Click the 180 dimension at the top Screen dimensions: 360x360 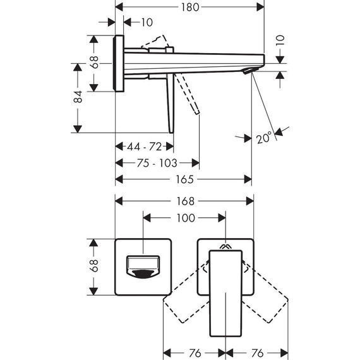[x=189, y=7]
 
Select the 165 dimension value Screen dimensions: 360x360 [x=183, y=179]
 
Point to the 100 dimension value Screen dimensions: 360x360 [x=184, y=218]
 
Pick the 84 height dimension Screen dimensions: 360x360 [x=78, y=97]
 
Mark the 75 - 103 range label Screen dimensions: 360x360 [x=156, y=163]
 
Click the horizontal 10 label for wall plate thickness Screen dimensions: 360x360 [x=147, y=23]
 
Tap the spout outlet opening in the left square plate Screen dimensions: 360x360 [x=143, y=267]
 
